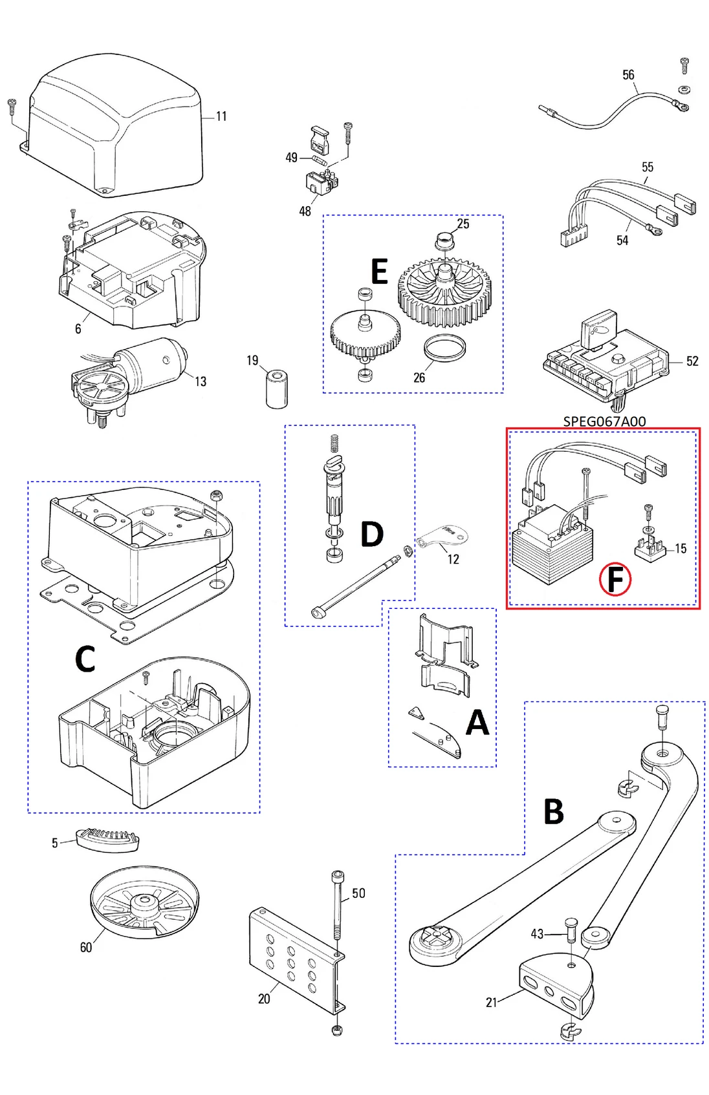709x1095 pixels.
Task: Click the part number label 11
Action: click(221, 116)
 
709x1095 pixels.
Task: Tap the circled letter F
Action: click(615, 579)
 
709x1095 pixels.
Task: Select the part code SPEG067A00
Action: click(604, 421)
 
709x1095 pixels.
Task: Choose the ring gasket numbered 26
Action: click(445, 348)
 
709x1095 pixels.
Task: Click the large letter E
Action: click(379, 271)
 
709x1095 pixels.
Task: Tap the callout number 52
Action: click(692, 361)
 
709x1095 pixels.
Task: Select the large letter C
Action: click(85, 660)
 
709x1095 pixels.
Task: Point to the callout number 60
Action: click(86, 947)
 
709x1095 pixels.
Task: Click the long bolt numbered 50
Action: click(338, 905)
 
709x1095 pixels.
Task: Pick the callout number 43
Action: click(537, 933)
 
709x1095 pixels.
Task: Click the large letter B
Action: click(553, 812)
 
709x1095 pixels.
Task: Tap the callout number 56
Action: click(628, 75)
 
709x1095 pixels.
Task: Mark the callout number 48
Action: click(305, 211)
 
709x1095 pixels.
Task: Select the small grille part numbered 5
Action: click(107, 839)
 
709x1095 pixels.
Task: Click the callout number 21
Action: click(492, 1002)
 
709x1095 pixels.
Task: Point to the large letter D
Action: click(372, 535)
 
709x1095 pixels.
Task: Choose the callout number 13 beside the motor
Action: click(201, 381)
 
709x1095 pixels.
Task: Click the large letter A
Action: click(477, 723)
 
